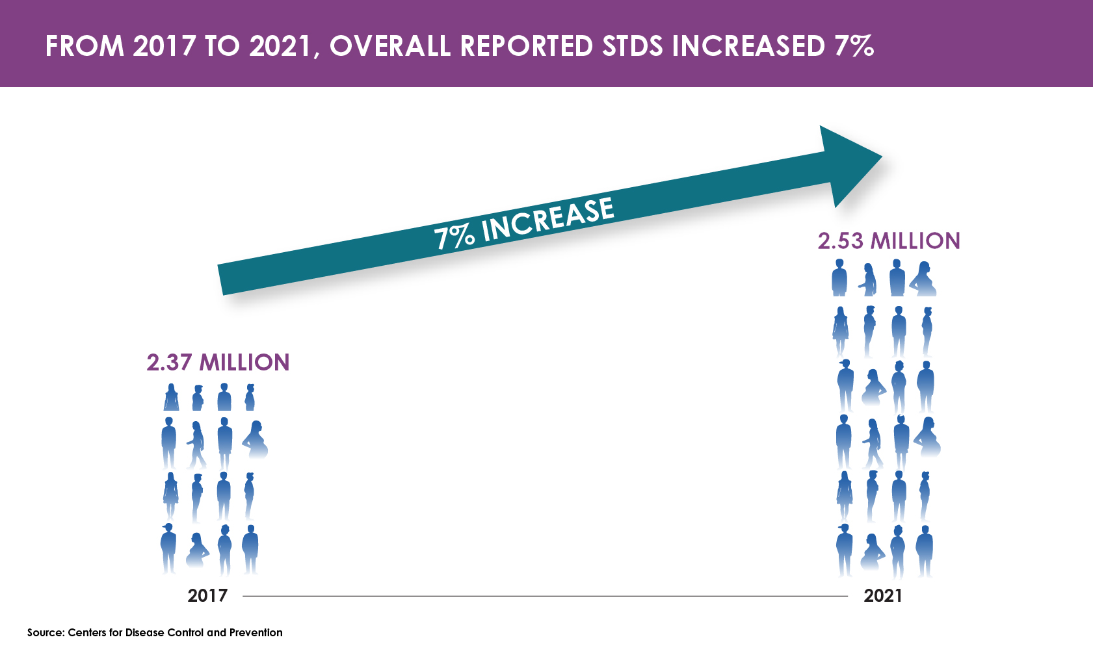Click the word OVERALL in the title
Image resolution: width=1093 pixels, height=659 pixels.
tap(389, 47)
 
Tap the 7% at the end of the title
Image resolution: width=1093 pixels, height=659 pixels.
tap(854, 47)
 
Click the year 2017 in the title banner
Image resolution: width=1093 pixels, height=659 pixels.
tap(164, 47)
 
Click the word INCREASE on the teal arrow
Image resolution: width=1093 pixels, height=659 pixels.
tap(547, 220)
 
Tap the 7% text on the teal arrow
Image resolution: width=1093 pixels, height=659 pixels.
tap(454, 237)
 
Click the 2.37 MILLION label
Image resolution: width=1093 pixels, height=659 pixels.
tap(218, 363)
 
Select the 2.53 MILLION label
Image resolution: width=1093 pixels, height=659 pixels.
tap(889, 241)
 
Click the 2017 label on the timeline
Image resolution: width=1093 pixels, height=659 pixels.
tap(207, 595)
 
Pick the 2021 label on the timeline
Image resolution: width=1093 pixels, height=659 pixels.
tap(883, 595)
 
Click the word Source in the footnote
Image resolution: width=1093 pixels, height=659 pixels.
tap(45, 632)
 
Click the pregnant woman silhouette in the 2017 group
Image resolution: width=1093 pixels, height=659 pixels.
tap(256, 439)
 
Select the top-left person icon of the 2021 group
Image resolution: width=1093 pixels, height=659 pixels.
tap(839, 278)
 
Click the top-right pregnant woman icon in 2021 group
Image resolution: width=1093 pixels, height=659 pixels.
tap(923, 279)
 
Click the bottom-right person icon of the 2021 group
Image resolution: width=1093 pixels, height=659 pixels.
tap(925, 551)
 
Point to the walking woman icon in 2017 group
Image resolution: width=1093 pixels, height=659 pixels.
tap(196, 445)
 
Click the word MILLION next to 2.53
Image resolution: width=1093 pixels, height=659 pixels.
tap(915, 241)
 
